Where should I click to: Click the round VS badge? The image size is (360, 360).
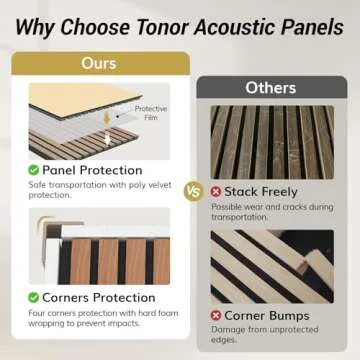coord(194,189)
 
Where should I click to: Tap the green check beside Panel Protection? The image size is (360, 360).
coord(34,170)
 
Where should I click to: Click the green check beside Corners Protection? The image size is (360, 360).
coord(34,297)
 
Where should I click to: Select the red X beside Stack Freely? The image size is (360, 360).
coord(216,189)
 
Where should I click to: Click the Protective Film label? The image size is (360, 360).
coord(150,111)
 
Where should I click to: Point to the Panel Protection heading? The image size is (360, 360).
coord(91,170)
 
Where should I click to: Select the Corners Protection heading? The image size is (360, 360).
coord(101,297)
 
